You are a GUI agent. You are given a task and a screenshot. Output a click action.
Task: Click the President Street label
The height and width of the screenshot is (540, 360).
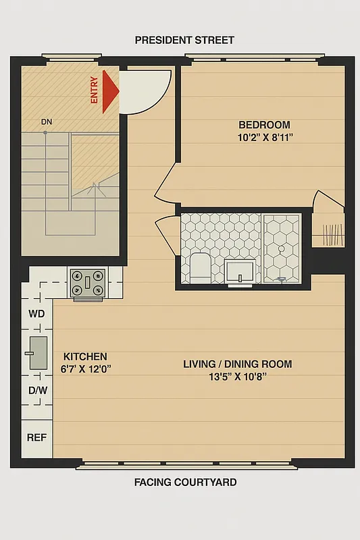pos(184,40)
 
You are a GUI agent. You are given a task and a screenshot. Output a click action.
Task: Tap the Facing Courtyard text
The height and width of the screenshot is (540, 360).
pos(184,482)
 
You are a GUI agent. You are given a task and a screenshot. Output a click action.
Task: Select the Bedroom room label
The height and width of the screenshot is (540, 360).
pos(264,125)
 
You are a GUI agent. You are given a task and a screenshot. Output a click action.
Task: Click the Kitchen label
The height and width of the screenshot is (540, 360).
pos(85,356)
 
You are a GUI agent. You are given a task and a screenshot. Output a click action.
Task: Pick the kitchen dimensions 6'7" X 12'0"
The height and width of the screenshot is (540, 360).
pos(86,369)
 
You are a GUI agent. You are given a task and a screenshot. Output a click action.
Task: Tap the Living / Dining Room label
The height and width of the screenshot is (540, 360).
pos(238,364)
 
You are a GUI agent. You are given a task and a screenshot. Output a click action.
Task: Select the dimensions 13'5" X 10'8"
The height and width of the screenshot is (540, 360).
pos(238,377)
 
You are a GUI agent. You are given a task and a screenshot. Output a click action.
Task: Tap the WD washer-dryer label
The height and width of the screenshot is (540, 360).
pos(36,314)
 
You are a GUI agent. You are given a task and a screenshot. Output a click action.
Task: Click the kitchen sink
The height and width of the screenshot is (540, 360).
pos(37,352)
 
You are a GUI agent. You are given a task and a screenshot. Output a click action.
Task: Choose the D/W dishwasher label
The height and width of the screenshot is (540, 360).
pos(36,390)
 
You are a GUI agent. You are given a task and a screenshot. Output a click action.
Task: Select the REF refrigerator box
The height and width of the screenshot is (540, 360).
pos(36,437)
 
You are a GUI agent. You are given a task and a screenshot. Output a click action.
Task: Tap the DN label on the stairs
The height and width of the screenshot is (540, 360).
pos(47,122)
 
